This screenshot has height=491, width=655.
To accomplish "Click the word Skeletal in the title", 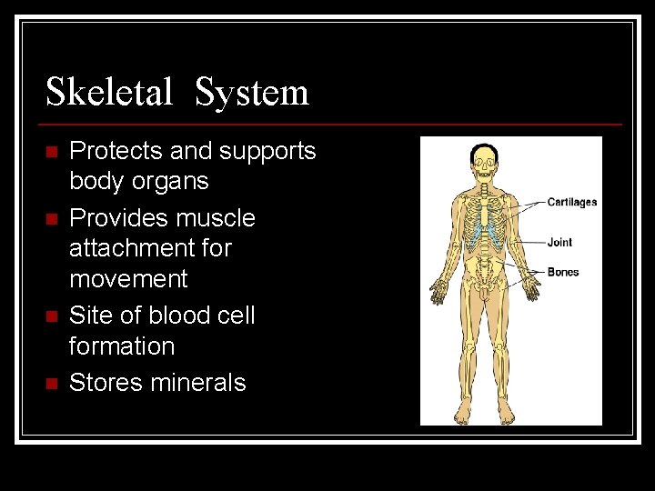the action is click(x=108, y=92).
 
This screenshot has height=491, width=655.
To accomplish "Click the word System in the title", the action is click(x=252, y=92).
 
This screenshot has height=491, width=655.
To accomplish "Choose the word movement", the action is click(x=128, y=278).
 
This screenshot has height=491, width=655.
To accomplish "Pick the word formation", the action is click(x=121, y=346).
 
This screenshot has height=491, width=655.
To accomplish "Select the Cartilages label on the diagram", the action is click(x=571, y=202).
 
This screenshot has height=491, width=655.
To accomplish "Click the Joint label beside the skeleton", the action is click(x=559, y=243).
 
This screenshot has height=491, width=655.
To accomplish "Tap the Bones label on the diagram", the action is click(x=562, y=272).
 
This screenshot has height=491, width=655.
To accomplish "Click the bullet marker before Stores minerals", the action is click(x=51, y=384).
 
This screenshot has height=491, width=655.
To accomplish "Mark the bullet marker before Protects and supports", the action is click(x=51, y=152).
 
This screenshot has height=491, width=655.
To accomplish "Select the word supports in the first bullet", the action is click(x=270, y=151).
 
